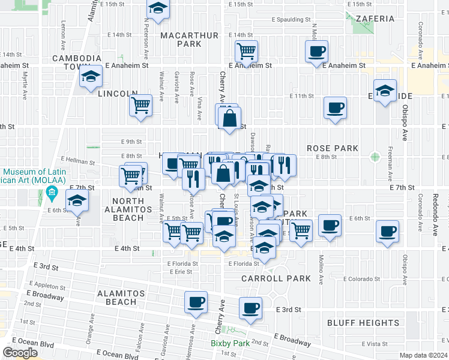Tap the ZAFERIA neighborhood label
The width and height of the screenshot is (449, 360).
(375, 19)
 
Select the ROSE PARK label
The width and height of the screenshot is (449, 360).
(333, 148)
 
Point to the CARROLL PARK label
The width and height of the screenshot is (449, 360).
(276, 278)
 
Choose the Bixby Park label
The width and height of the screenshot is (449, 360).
(229, 344)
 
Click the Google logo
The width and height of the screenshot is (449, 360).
(20, 352)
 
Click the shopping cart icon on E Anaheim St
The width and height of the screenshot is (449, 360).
(246, 52)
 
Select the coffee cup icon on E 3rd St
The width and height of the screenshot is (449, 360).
(250, 308)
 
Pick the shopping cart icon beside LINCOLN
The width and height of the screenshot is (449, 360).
(140, 106)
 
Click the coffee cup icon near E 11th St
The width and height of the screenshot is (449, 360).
(335, 108)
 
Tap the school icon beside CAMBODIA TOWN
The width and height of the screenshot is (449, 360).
(91, 76)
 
